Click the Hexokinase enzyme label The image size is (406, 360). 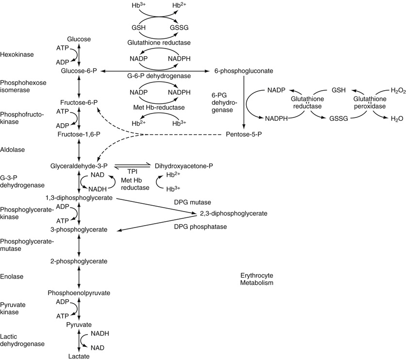tap(17, 55)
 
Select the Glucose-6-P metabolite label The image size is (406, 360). tap(79, 71)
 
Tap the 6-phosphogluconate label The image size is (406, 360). tap(243, 71)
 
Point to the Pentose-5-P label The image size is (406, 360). tap(243, 134)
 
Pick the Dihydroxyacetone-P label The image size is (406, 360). tap(184, 165)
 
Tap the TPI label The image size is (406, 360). tap(133, 172)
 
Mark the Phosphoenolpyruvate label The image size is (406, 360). tap(79, 293)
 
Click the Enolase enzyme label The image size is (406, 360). tap(12, 277)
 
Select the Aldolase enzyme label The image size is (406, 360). tap(13, 150)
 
